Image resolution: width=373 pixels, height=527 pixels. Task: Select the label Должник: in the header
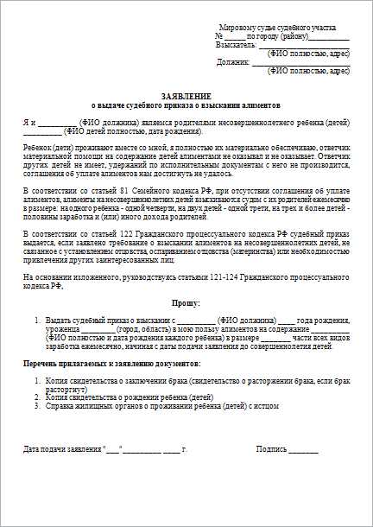click(233, 62)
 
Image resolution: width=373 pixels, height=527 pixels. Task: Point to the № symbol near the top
click(218, 35)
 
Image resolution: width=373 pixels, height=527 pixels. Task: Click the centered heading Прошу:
click(186, 303)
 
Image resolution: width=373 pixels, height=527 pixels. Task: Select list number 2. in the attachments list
click(38, 397)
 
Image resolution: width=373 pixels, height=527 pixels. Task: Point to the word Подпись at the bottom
click(272, 449)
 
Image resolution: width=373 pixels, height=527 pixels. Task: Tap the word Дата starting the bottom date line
click(31, 449)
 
